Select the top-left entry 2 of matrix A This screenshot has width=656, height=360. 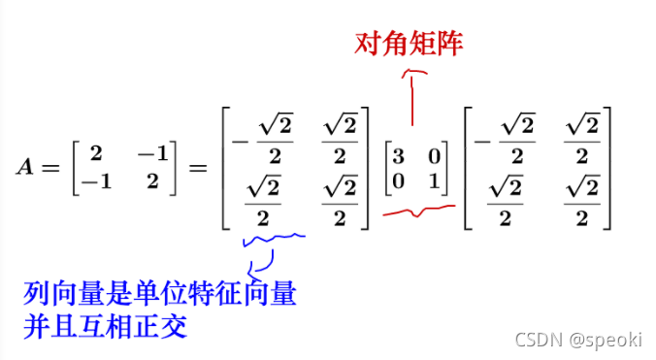point(95,153)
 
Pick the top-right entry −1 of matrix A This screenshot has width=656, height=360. point(152,153)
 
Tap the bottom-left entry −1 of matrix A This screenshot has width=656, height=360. point(92,180)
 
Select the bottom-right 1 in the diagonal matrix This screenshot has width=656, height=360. point(434,180)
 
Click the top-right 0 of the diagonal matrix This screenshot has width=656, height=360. point(434,154)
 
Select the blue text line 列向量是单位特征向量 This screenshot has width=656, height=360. point(159,291)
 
